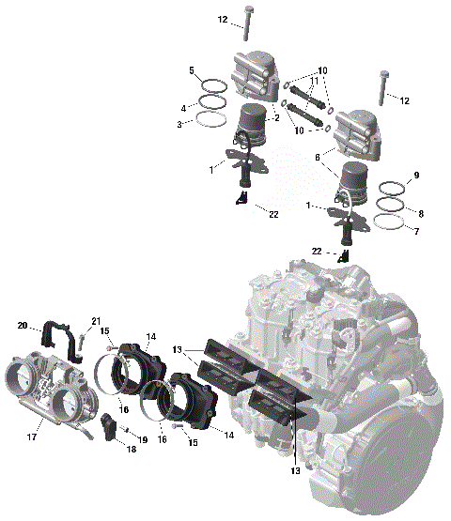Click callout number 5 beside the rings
tap(192, 70)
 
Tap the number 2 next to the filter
tap(276, 117)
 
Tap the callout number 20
tap(23, 326)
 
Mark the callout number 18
tap(130, 450)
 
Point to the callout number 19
tap(143, 439)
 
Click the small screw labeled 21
tap(83, 341)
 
